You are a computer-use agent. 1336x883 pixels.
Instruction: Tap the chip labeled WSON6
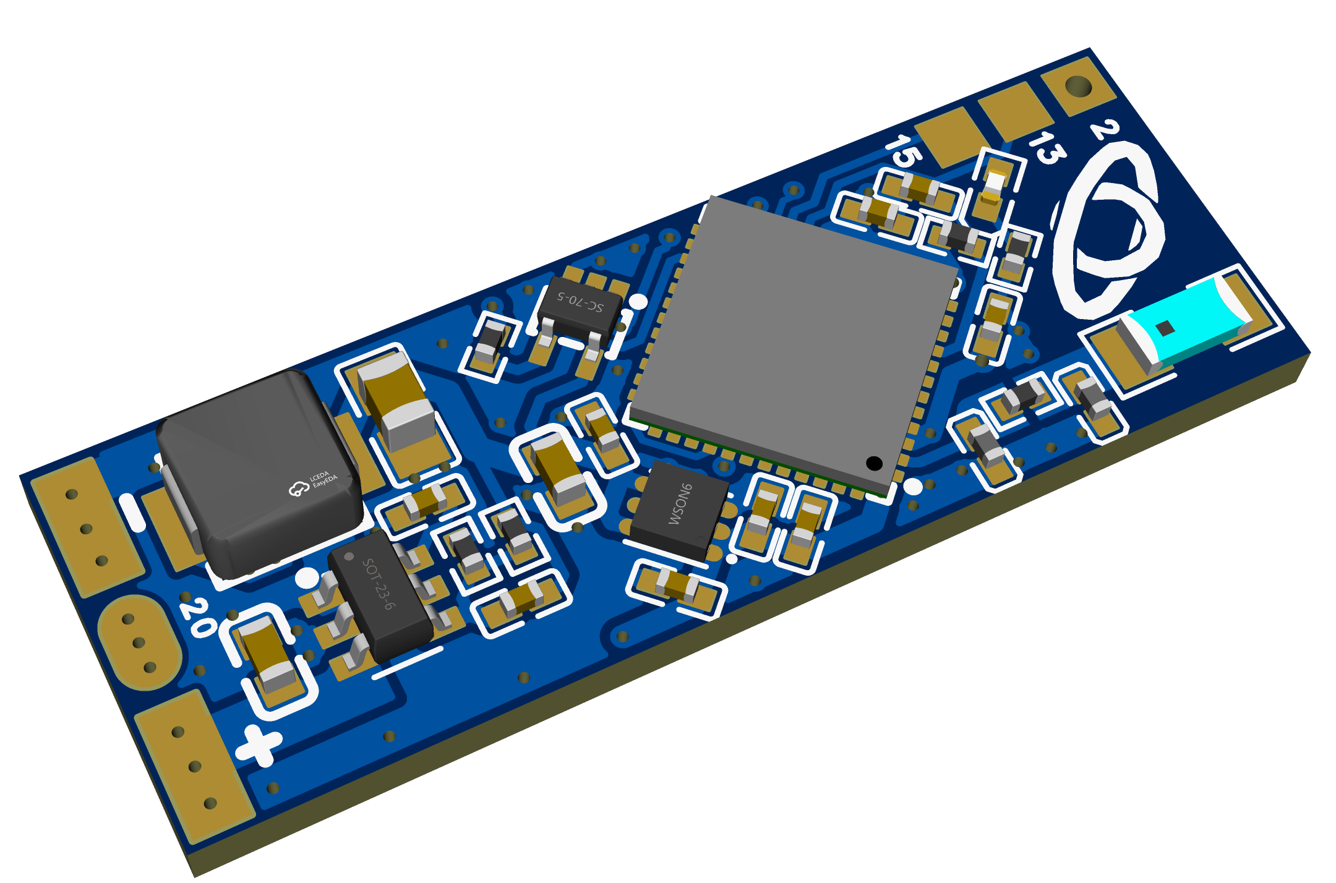pos(679,511)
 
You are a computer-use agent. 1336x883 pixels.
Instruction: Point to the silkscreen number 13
pos(1047,148)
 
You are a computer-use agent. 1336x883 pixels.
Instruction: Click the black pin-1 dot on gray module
pos(874,463)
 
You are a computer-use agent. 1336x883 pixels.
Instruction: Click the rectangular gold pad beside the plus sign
pos(193,767)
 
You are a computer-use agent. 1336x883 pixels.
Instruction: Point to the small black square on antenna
pos(1165,328)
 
